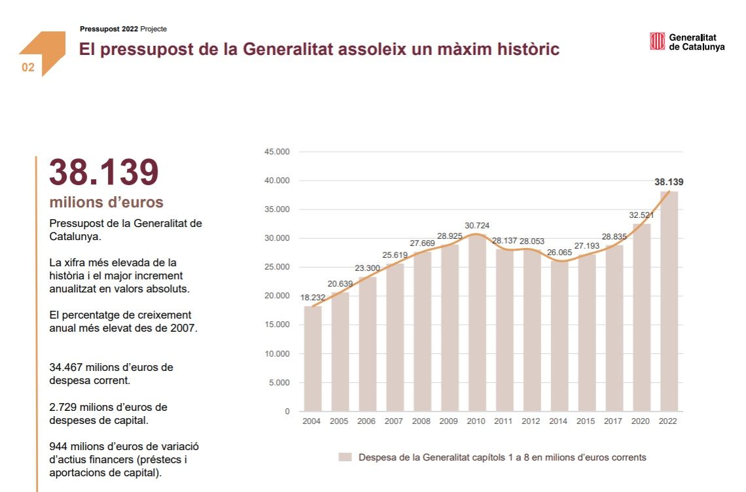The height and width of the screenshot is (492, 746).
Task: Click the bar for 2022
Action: point(669,301)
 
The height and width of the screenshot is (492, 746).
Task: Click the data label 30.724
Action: point(476,226)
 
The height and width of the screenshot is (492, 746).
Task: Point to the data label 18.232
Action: point(313,298)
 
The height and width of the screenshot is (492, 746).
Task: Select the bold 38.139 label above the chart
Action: point(669,183)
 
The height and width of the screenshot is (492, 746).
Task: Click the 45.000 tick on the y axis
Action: point(277,152)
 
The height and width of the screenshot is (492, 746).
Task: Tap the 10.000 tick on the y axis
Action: point(277,354)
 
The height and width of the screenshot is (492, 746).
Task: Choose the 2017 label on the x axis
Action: point(614,421)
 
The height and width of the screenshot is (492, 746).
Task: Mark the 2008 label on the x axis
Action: point(422,421)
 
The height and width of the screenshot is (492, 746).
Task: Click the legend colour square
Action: point(345,457)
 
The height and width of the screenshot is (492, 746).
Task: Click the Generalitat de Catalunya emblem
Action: point(657,41)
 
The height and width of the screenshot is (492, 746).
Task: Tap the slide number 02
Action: point(28,67)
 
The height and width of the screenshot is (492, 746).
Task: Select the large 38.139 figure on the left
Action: point(104,173)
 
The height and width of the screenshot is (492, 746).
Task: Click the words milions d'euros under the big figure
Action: point(106,202)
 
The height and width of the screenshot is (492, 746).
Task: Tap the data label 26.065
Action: point(559,252)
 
